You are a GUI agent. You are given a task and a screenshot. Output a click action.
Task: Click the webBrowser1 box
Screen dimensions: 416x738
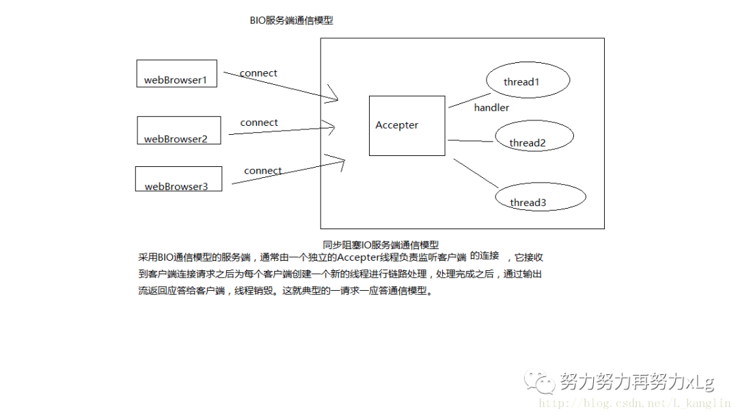176,73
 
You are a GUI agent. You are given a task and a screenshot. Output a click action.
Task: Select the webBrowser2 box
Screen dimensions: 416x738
179,130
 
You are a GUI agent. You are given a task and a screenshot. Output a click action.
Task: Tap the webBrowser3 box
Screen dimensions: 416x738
178,179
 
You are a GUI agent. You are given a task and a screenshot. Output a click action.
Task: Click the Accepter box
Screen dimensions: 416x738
407,125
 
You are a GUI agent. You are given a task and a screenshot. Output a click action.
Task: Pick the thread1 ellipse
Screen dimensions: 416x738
528,81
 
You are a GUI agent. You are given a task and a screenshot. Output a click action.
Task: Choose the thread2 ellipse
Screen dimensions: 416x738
534,137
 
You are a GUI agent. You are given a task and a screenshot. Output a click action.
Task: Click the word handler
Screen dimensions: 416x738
491,107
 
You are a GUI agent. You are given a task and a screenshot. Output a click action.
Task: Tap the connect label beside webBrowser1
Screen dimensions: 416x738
258,73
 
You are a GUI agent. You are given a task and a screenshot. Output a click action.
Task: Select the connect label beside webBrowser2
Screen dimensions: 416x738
259,123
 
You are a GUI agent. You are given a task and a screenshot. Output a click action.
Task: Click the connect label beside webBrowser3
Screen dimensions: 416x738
263,171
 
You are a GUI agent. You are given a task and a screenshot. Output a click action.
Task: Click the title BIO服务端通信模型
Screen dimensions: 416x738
291,21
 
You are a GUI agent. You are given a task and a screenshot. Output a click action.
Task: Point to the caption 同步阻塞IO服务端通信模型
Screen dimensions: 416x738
381,244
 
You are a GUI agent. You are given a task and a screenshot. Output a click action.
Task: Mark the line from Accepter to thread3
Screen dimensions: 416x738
476,173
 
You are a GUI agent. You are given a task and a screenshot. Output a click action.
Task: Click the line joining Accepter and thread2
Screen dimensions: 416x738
470,141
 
